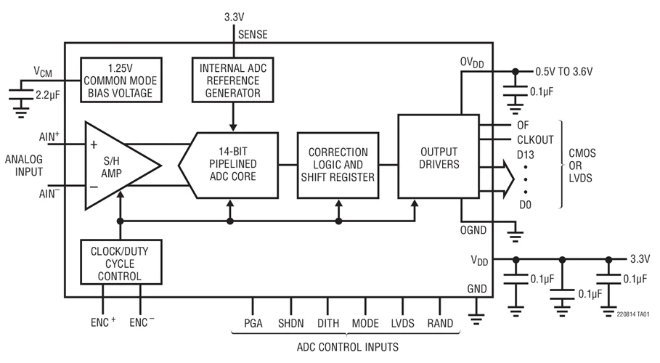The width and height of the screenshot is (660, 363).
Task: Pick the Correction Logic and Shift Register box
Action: (x=338, y=165)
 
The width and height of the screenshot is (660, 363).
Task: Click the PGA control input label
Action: (x=253, y=323)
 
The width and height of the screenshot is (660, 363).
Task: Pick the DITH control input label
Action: (x=328, y=323)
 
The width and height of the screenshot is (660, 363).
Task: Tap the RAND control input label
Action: (x=440, y=323)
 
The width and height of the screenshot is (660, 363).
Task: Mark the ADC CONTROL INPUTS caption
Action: (x=346, y=347)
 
